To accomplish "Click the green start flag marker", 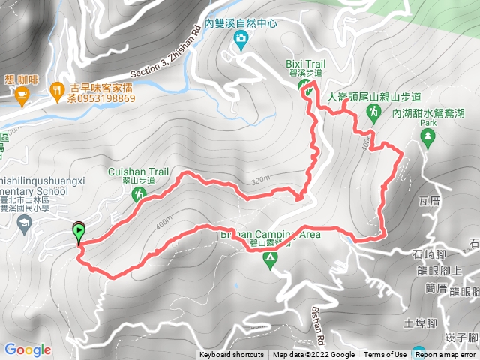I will [x=78, y=232].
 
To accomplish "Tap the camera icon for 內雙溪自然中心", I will [x=241, y=39].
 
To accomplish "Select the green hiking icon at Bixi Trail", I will [x=307, y=88].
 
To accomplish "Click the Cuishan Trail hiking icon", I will [x=138, y=195].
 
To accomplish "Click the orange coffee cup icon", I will [x=21, y=93].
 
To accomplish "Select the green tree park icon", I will [x=427, y=136].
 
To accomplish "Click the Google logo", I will [x=27, y=349].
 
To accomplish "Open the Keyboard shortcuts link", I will [x=232, y=355].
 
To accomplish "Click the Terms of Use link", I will [x=385, y=355].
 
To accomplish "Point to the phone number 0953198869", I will [x=100, y=98].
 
